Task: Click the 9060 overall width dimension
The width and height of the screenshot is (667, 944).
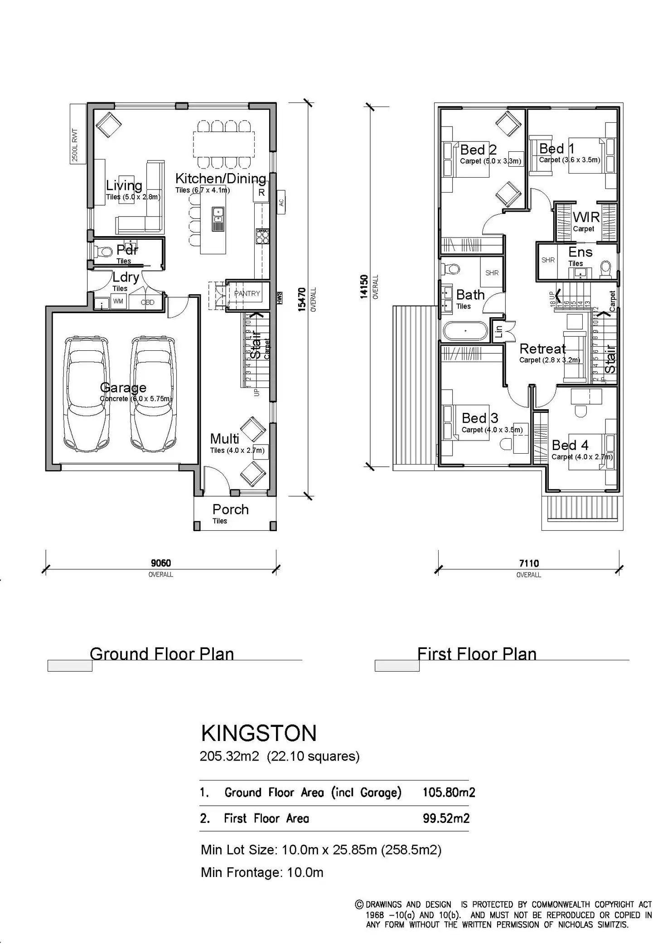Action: [161, 563]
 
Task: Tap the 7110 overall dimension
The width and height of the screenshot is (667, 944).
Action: [529, 564]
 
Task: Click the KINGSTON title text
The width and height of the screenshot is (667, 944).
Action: [259, 733]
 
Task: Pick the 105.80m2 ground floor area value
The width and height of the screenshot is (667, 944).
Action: [449, 792]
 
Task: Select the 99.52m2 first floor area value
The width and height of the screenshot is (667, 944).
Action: [446, 818]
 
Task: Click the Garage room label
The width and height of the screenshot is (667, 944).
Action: [123, 387]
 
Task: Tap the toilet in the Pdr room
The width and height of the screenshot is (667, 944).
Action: [106, 251]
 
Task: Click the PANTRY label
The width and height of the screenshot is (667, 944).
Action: [247, 294]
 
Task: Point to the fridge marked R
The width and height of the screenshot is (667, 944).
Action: [261, 192]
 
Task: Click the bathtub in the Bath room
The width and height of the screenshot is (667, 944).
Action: [465, 331]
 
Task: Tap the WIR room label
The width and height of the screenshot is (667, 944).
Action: [586, 217]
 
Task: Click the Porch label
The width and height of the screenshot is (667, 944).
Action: [230, 509]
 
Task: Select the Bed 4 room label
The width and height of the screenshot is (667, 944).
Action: [570, 445]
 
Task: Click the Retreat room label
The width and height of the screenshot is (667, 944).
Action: [542, 349]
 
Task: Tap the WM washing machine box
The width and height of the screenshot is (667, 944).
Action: [118, 301]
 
